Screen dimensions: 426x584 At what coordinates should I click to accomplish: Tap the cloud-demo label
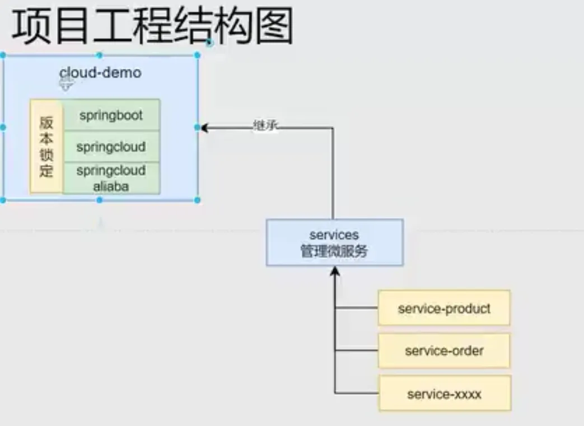tap(100, 73)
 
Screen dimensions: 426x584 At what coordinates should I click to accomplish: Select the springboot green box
tap(111, 115)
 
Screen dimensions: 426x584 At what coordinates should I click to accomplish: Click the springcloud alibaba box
tap(111, 179)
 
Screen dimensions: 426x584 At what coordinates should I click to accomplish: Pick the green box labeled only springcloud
tap(111, 147)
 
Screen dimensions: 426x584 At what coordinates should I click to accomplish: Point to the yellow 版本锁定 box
tap(46, 147)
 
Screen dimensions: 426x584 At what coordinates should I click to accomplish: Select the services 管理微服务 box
tap(334, 242)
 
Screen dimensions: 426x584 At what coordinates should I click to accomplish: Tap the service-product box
tap(443, 308)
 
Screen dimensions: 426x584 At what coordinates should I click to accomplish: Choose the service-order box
tap(443, 351)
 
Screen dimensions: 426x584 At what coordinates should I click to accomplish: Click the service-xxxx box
tap(445, 394)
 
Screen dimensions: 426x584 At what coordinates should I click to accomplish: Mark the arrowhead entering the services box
tap(335, 271)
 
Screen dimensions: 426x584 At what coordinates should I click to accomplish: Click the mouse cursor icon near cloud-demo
tap(66, 83)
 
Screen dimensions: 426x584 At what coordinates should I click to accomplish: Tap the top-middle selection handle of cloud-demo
tap(100, 55)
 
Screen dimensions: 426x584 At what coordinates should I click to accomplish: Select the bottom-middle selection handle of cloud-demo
tap(100, 200)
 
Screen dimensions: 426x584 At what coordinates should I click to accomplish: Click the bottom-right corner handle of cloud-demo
tap(197, 200)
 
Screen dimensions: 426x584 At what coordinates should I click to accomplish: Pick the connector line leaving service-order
tap(357, 351)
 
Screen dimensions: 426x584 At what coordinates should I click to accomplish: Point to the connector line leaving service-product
tap(357, 308)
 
